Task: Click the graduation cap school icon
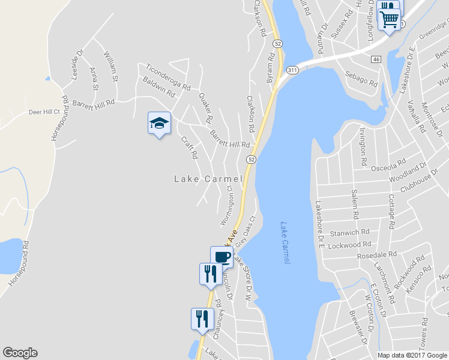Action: tap(159, 123)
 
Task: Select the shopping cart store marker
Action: tap(389, 19)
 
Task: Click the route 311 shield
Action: tap(292, 70)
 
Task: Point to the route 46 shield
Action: tap(376, 59)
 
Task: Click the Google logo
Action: tap(20, 353)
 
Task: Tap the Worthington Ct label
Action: tap(227, 206)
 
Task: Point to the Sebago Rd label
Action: tap(361, 79)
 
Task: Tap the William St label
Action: tap(111, 66)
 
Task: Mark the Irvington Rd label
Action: tap(363, 147)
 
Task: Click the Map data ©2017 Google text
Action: tap(412, 355)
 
